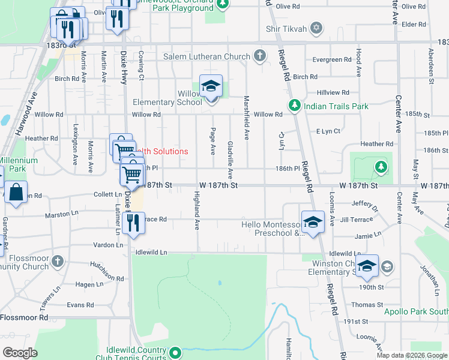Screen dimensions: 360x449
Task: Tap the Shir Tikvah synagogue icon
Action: click(316, 28)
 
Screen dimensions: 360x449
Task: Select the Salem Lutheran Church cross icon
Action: click(260, 56)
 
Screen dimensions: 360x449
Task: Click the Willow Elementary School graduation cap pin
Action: click(211, 88)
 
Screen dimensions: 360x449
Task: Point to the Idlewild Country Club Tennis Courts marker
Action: click(175, 352)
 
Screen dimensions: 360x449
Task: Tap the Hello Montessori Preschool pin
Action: click(313, 222)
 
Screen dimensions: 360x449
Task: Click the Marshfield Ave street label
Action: click(246, 118)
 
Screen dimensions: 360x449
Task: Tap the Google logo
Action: click(20, 353)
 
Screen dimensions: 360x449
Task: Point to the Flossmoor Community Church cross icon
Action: click(57, 261)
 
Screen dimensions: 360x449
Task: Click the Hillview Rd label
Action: click(333, 92)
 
